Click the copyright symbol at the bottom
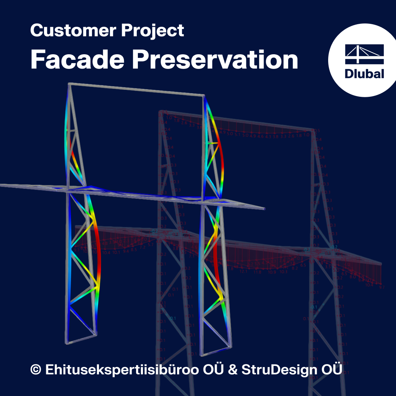[36, 369]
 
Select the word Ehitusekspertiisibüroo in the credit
[122, 369]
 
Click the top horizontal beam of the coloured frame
[136, 90]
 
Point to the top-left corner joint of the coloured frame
[70, 85]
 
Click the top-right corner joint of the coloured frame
[203, 96]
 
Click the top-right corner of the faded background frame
[313, 130]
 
